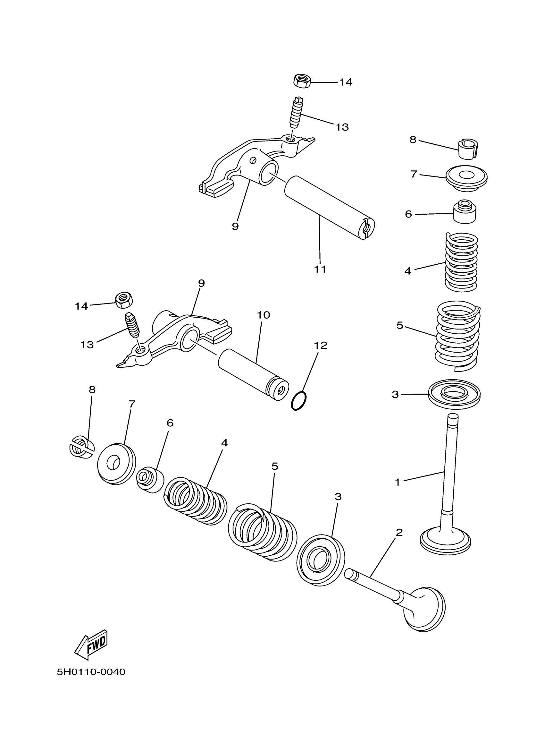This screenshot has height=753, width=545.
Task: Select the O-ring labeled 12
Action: coord(298,401)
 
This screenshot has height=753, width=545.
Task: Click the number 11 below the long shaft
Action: coord(320,269)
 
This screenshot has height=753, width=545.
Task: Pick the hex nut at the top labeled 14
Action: coord(302,81)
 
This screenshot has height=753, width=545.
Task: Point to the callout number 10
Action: coord(264,315)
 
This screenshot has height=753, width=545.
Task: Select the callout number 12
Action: coord(321,345)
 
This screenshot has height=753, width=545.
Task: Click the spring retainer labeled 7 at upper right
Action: coord(467,179)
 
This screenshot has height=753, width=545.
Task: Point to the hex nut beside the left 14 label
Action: coord(124,300)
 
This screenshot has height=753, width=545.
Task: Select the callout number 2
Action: coord(399,533)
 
